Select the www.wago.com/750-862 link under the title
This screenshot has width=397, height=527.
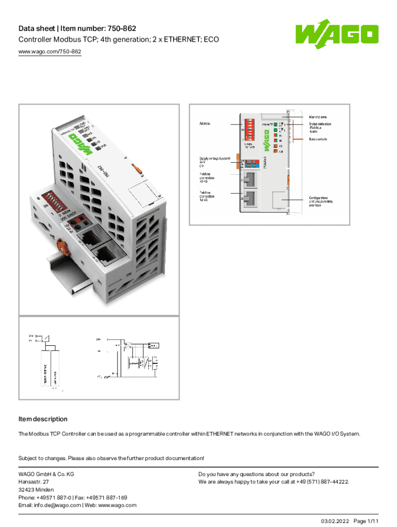(x=50, y=51)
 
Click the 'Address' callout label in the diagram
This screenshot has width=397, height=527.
(x=205, y=124)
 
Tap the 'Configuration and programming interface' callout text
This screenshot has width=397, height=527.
(x=321, y=201)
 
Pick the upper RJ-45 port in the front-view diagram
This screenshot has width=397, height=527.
(x=251, y=179)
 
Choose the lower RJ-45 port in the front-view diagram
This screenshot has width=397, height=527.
(x=251, y=199)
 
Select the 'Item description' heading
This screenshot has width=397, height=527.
(x=43, y=419)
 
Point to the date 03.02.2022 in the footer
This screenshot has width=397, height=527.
(x=335, y=521)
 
